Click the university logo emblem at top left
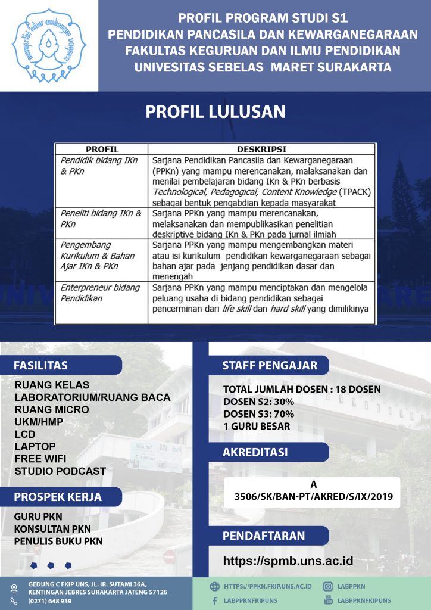point(49,45)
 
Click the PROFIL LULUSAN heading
point(215,112)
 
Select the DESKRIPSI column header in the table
point(261,149)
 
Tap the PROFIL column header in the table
point(102,149)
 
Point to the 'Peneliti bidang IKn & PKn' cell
point(101,218)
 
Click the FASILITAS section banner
point(41,365)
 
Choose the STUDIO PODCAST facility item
point(60,471)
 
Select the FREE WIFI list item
point(40,459)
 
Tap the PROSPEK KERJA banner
point(58,497)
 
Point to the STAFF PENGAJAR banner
point(270,365)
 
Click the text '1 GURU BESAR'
point(257,427)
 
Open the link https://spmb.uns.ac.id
point(288,561)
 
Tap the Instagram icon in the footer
point(327,586)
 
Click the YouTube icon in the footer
point(327,599)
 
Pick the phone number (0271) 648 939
point(50,601)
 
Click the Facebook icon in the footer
point(214,601)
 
